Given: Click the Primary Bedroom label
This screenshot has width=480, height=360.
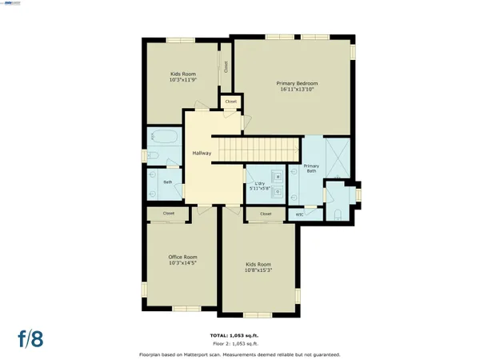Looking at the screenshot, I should pos(298,83).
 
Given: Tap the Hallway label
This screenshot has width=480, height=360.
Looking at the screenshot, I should pos(201,153).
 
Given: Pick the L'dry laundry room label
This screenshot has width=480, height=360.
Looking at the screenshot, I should pos(259,184).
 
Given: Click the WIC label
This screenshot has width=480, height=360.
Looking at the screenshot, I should pos(299,214).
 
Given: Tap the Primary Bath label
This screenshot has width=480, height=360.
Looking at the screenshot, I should pos(311,169).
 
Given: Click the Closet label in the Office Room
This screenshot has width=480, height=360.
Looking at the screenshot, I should pos(169,214).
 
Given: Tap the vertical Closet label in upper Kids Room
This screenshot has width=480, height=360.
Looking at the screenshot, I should pos(226,67).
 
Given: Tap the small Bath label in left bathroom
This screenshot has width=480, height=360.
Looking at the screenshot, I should pos(168,182).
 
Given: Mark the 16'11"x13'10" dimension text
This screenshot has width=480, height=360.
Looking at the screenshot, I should pos(298,90).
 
